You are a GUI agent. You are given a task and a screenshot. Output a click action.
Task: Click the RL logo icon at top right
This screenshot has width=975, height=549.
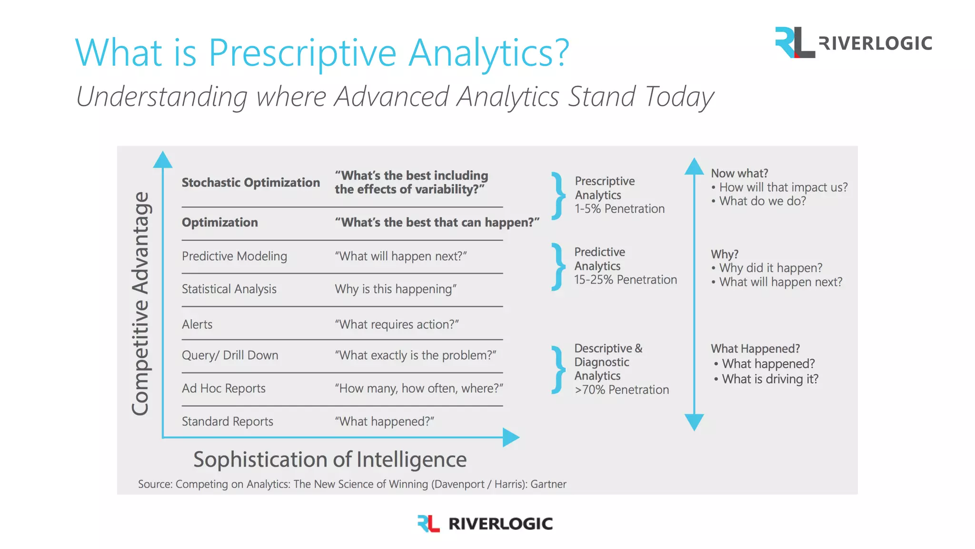794,42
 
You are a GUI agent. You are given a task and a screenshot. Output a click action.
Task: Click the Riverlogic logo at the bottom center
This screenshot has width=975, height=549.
485,523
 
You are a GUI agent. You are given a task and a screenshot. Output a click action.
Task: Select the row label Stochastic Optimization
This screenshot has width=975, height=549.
250,183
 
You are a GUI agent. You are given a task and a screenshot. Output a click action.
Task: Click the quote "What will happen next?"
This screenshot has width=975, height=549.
400,256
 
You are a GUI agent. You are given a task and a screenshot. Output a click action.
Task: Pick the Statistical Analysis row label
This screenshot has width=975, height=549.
229,289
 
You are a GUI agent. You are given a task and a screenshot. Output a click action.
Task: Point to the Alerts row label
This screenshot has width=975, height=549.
197,325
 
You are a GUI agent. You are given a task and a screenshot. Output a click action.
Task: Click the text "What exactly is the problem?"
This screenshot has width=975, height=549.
415,356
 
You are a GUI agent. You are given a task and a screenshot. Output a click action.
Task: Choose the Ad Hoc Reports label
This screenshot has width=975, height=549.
223,388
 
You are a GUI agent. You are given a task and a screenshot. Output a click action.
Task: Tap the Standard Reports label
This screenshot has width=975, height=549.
227,422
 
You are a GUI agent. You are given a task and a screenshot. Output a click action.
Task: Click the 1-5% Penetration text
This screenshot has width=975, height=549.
619,209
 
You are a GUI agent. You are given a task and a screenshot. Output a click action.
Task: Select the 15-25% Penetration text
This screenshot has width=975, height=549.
625,280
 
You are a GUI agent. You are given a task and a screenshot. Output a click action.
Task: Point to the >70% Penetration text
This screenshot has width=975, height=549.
621,390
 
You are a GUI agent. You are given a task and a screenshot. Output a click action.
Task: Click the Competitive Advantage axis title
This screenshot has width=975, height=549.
140,304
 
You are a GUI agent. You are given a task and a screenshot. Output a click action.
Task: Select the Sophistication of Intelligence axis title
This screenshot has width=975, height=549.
329,460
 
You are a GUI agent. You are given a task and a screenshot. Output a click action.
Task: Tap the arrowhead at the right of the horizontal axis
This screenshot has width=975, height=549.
511,437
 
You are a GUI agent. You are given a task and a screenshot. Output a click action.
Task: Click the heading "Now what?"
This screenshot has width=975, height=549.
739,173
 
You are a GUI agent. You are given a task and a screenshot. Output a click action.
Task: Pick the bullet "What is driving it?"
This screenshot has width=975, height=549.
770,379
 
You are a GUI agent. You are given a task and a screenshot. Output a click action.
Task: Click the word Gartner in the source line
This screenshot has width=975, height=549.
548,484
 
